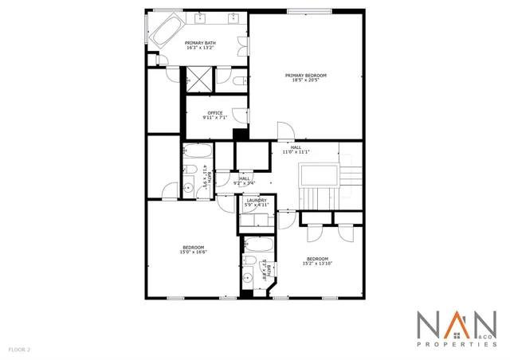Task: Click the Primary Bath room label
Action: tap(200, 43)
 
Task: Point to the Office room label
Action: tap(215, 113)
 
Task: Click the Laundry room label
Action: tap(256, 200)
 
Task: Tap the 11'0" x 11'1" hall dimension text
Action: tap(296, 152)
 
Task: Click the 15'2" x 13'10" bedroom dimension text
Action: tap(318, 264)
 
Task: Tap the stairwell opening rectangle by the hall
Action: tap(319, 175)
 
